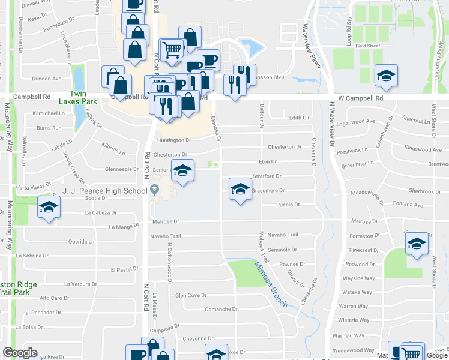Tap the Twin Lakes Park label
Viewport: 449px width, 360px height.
[x=83, y=97]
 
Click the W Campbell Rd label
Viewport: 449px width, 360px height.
[x=360, y=98]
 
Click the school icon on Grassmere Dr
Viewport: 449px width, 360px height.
[x=240, y=190]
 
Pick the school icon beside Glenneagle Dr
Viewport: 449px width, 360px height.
[x=183, y=171]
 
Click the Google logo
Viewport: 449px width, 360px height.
[x=20, y=353]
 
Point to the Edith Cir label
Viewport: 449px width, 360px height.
[x=299, y=118]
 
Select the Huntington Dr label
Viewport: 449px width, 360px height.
[x=174, y=140]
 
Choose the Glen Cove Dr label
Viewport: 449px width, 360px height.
[x=190, y=295]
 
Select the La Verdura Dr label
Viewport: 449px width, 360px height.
[x=80, y=284]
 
